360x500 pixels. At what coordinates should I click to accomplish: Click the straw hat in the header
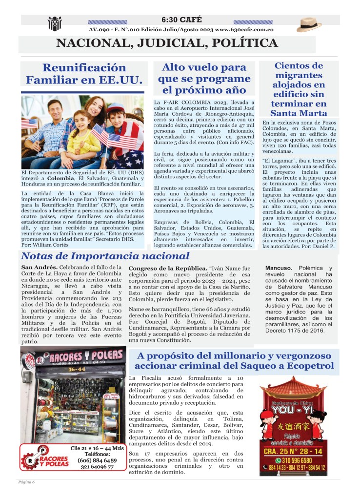(x=309, y=24)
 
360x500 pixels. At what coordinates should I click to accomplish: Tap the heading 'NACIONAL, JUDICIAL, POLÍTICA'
(x=167, y=43)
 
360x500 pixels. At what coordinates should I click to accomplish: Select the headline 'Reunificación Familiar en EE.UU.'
(x=84, y=74)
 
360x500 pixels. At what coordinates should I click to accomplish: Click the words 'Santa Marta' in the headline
(x=299, y=114)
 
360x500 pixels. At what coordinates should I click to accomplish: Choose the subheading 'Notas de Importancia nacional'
(x=105, y=256)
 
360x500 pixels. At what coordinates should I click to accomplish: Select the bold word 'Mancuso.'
(x=279, y=268)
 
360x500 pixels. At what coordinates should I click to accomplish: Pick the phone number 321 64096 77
(x=96, y=467)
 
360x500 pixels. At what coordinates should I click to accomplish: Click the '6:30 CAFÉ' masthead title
(x=180, y=20)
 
